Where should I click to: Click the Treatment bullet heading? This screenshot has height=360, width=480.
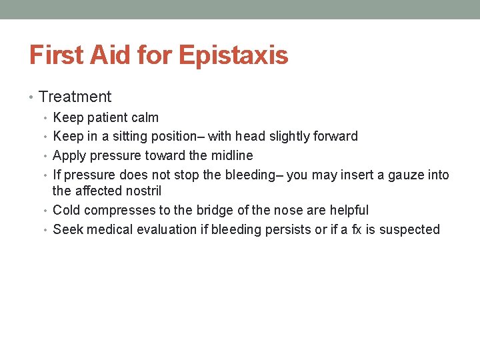point(75,97)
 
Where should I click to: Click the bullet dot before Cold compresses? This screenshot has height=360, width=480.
point(47,211)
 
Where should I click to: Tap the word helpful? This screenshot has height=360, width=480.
point(349,211)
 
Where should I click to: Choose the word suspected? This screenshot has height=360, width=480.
point(411,230)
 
